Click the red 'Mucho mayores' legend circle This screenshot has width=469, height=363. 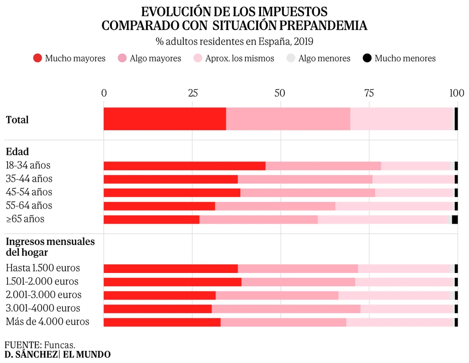click(38, 58)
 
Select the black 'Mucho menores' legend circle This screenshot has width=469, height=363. click(367, 58)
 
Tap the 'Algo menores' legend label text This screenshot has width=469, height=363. click(324, 58)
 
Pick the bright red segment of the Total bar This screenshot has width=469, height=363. click(165, 119)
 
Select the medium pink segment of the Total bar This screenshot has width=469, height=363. click(288, 119)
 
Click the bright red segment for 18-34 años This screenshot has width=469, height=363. click(184, 166)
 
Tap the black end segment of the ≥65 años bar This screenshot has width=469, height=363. click(455, 219)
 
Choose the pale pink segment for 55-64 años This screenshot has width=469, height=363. click(394, 206)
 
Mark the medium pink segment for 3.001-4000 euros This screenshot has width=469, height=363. click(286, 309)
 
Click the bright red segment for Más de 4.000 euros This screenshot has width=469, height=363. click(162, 322)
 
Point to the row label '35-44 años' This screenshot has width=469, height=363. click(29, 179)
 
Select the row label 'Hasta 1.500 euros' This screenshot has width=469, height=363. click(43, 268)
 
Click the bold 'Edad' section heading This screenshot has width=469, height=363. click(17, 152)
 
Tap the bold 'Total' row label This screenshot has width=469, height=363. click(17, 120)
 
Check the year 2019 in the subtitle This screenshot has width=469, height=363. click(304, 41)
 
